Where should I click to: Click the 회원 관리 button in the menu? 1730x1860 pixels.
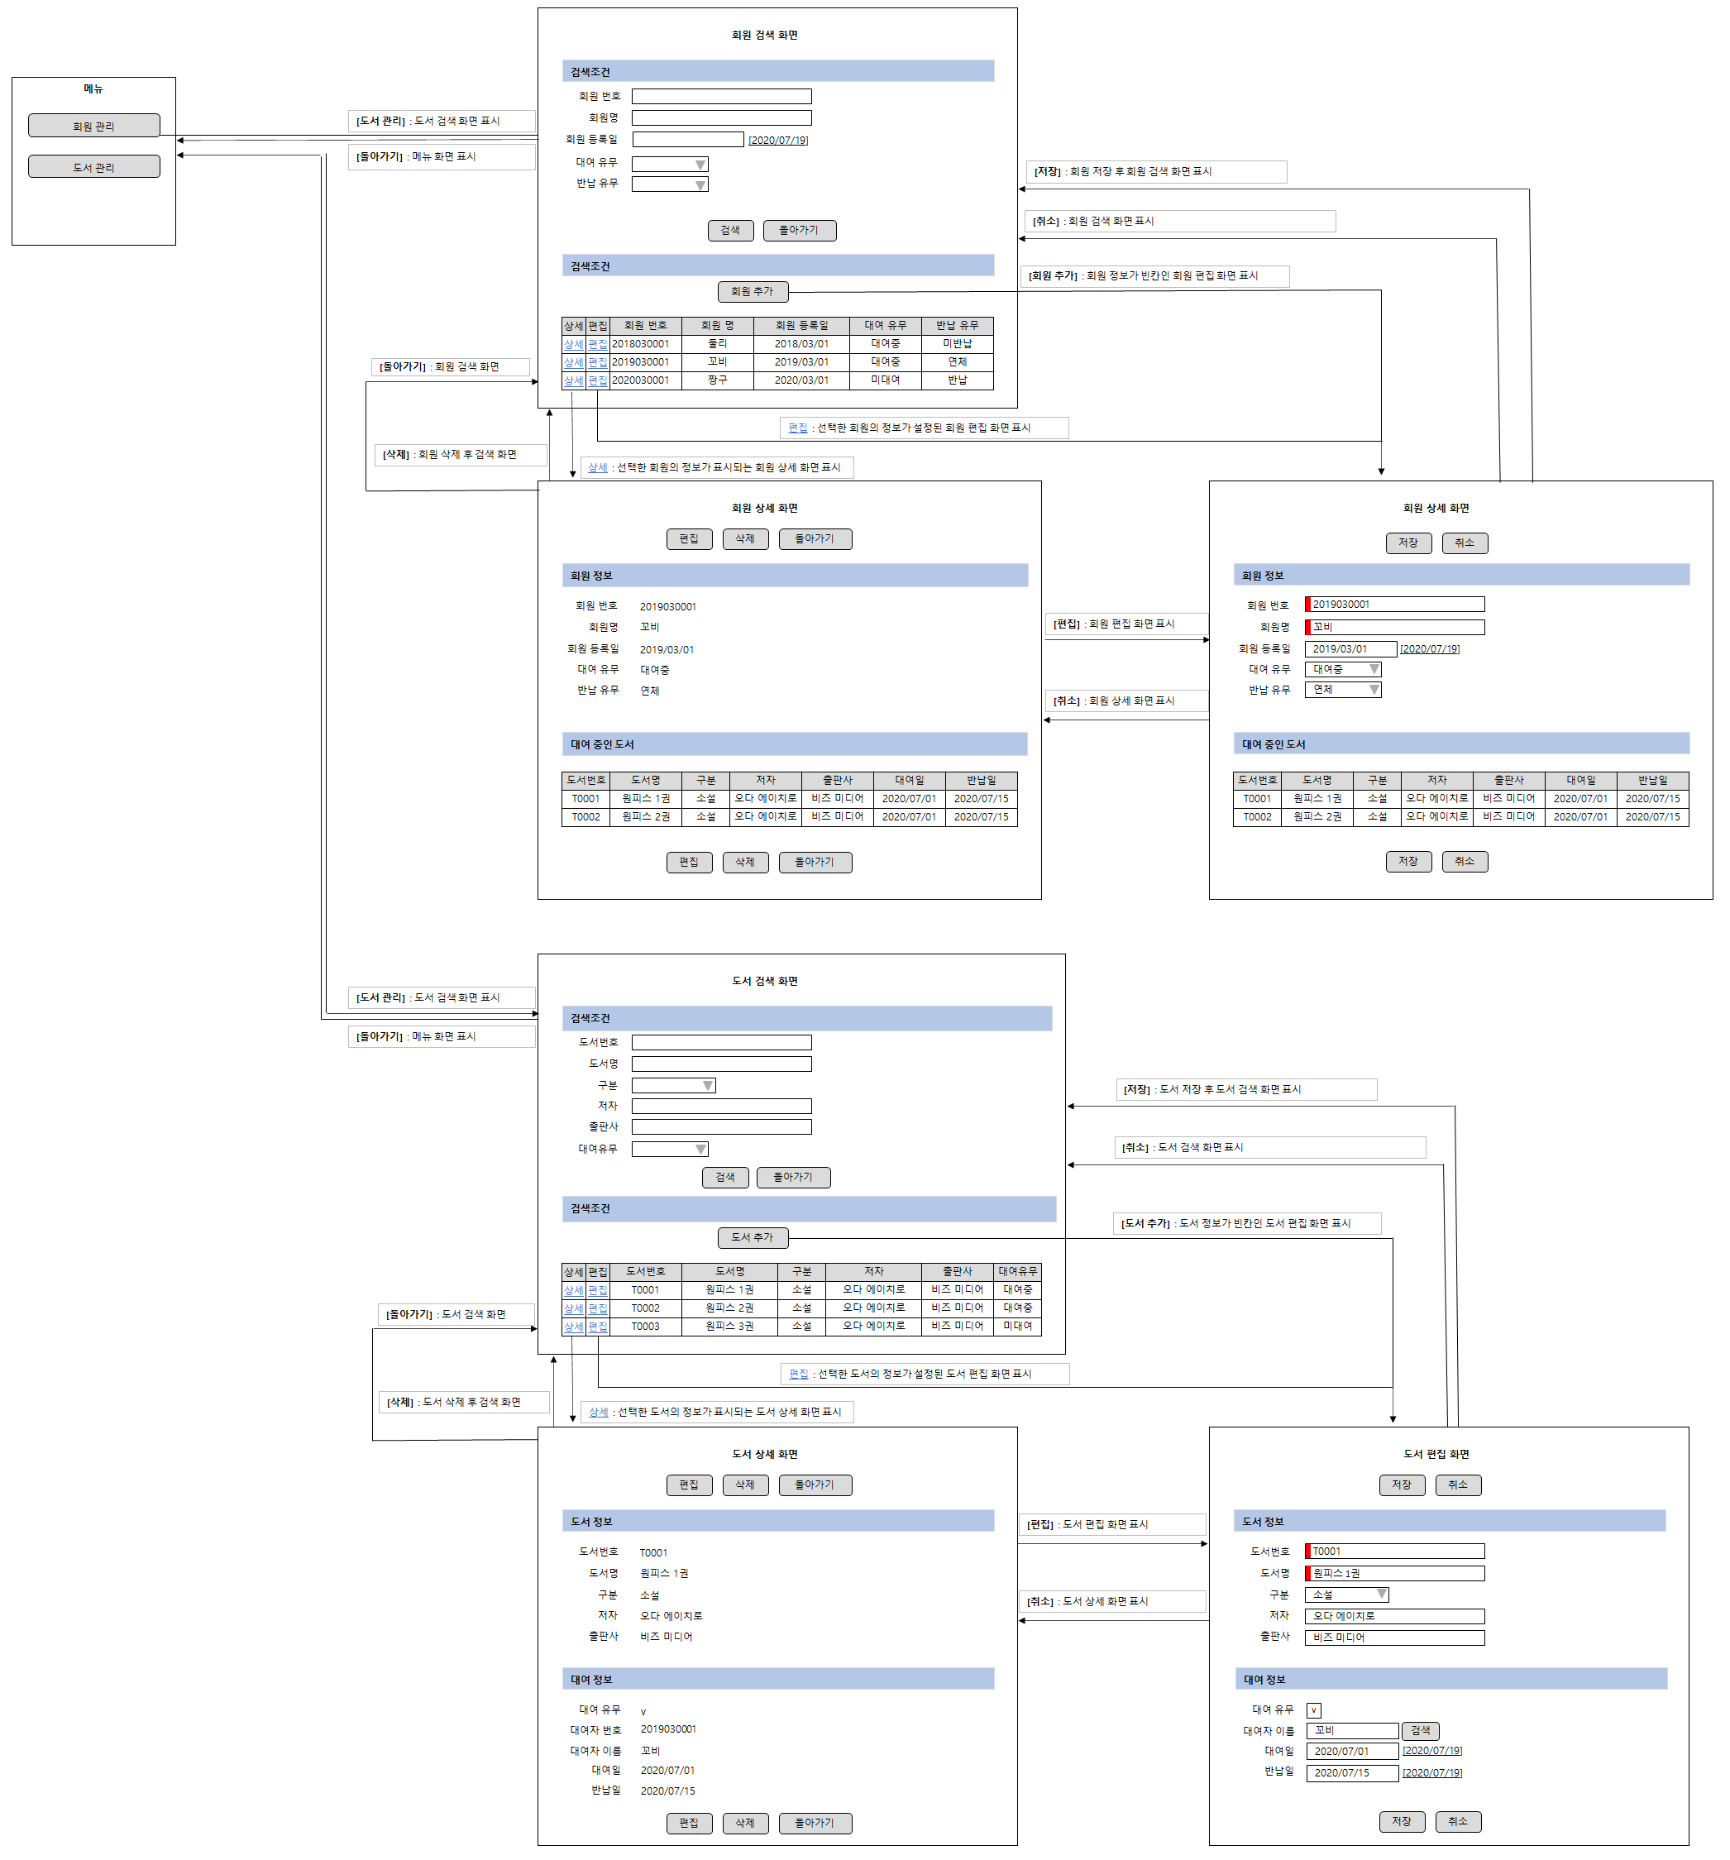(93, 126)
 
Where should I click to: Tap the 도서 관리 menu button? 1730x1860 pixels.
(93, 166)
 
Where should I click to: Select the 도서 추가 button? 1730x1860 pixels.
(753, 1237)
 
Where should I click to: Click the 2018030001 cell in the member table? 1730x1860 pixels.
(645, 343)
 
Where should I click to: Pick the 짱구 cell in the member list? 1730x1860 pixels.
(717, 380)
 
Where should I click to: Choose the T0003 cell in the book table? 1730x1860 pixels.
(645, 1326)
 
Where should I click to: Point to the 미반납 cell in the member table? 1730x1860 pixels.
(956, 343)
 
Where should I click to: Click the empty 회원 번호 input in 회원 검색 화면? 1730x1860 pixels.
(720, 97)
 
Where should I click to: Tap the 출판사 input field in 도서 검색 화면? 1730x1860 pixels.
(720, 1126)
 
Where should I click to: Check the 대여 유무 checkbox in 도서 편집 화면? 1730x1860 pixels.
(1312, 1709)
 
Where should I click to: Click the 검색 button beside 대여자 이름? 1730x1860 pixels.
(1419, 1730)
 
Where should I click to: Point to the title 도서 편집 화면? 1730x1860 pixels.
(1436, 1454)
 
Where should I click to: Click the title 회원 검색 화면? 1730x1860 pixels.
(763, 36)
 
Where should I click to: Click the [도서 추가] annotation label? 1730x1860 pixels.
(1245, 1223)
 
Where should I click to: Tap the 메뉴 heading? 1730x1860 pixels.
(93, 88)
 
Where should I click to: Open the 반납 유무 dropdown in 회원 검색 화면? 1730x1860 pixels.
(669, 184)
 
